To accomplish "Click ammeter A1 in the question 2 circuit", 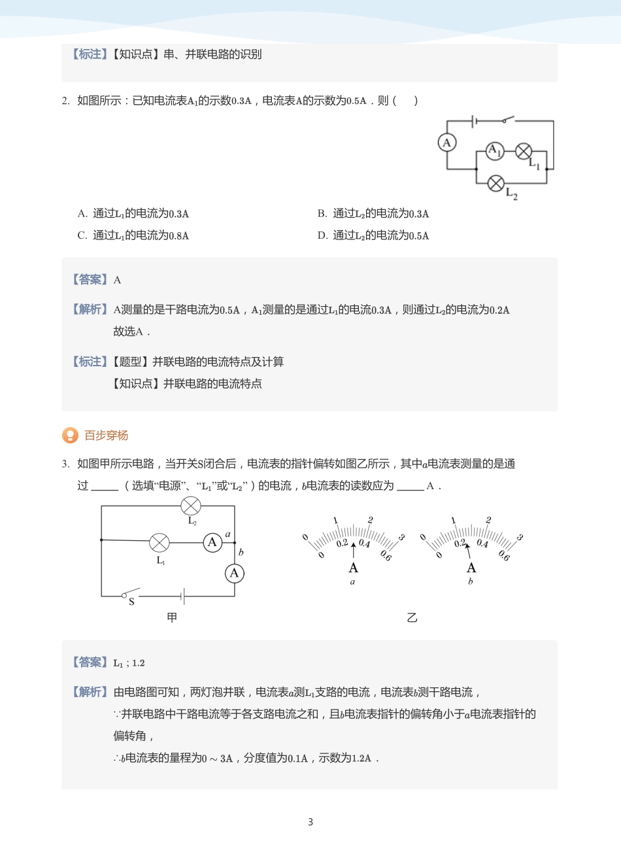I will point(495,150).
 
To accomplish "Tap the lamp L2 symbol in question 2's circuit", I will point(496,182).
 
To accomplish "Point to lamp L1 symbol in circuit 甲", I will point(159,542).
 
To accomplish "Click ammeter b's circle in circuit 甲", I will point(234,574).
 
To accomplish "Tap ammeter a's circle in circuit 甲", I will point(212,542).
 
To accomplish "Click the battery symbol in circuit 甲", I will point(184,596).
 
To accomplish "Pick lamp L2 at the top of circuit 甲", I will point(191,506).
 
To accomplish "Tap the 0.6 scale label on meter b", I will point(504,555).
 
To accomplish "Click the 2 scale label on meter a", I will point(371,520).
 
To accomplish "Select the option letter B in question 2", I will point(322,213).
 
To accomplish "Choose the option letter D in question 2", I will point(322,235).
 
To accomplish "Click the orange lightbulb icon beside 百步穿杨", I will point(70,436).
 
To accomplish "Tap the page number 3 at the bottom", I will point(310,822).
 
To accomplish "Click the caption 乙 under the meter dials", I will point(412,618).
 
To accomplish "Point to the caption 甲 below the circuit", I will point(172,617).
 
